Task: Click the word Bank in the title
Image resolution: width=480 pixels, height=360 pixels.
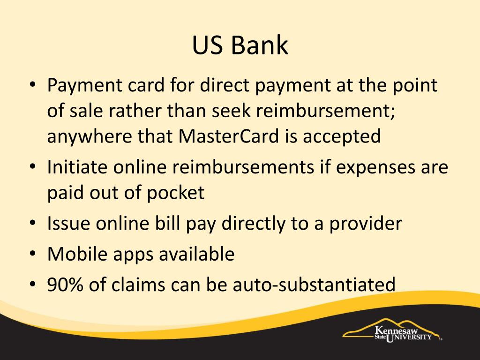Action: [259, 45]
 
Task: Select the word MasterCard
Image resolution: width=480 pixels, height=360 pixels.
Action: [229, 136]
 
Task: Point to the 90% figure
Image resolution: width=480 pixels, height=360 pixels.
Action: [65, 285]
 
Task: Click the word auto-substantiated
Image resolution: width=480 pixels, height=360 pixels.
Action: [314, 285]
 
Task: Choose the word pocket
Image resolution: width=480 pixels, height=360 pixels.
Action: [175, 193]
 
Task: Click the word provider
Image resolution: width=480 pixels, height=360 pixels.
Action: [365, 224]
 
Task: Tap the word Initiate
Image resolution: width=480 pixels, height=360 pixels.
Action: [77, 167]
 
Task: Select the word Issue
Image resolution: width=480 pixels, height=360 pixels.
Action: [68, 224]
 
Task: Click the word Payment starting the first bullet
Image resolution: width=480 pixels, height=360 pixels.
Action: [85, 85]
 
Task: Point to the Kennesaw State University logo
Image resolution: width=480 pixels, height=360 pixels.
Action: [392, 331]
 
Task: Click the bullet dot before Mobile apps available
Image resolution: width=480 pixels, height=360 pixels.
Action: [33, 254]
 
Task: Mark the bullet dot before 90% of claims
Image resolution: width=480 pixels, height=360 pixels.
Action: [33, 284]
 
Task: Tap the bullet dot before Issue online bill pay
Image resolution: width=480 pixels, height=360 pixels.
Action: [33, 223]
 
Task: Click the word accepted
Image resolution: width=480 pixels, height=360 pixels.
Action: [342, 136]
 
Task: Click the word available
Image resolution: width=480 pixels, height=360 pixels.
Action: [197, 254]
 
